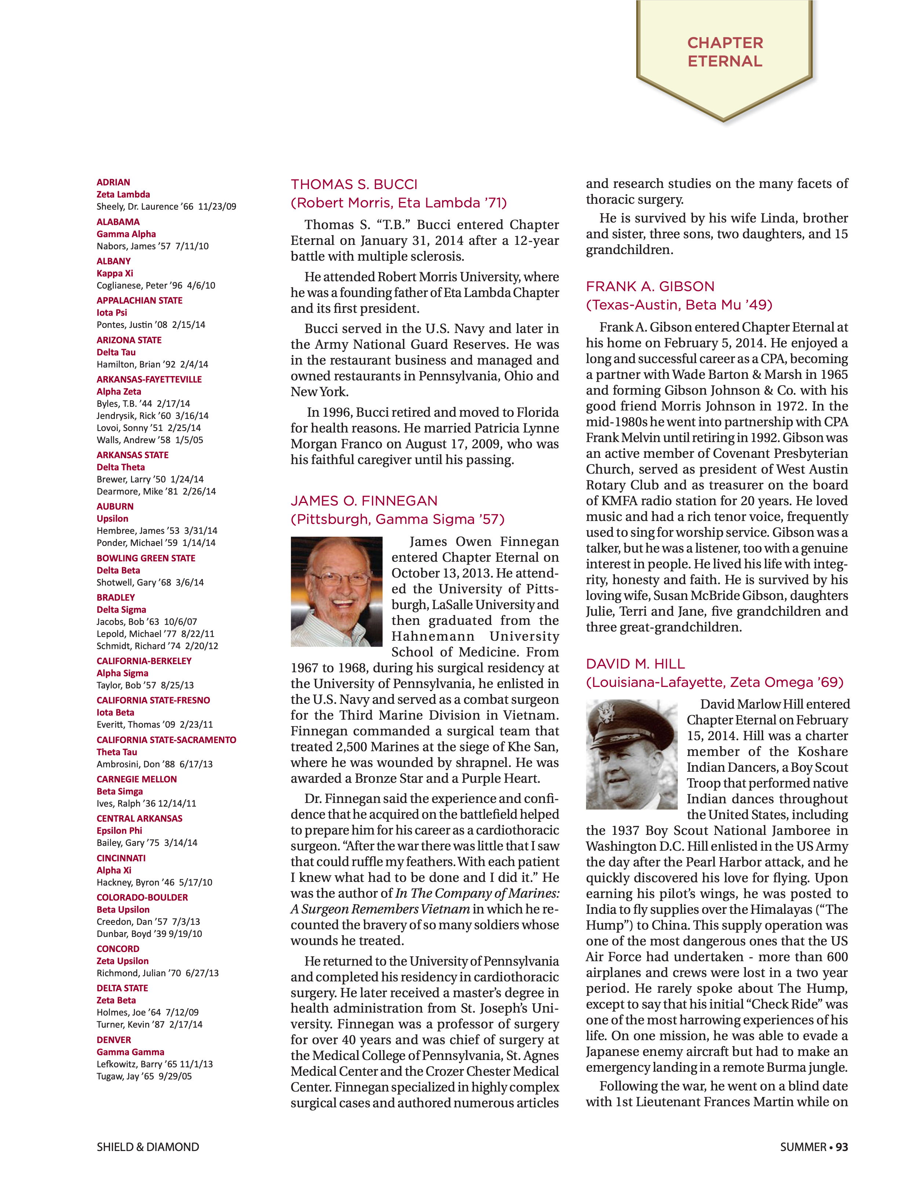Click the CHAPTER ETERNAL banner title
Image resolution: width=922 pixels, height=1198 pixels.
(724, 52)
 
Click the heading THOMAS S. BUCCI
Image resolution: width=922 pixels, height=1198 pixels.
(354, 184)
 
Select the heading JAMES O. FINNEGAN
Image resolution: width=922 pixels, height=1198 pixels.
(364, 501)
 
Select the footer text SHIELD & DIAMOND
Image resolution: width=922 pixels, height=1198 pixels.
(147, 1147)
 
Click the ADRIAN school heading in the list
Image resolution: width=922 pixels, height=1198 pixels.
(113, 182)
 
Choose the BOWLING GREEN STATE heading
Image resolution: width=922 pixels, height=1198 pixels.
(146, 558)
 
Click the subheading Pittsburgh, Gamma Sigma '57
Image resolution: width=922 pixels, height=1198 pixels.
(397, 519)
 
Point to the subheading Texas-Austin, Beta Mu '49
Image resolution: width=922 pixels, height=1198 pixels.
(679, 304)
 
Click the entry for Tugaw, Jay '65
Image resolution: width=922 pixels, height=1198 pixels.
(143, 1076)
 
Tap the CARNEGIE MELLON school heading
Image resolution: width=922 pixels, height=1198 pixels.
(136, 779)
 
